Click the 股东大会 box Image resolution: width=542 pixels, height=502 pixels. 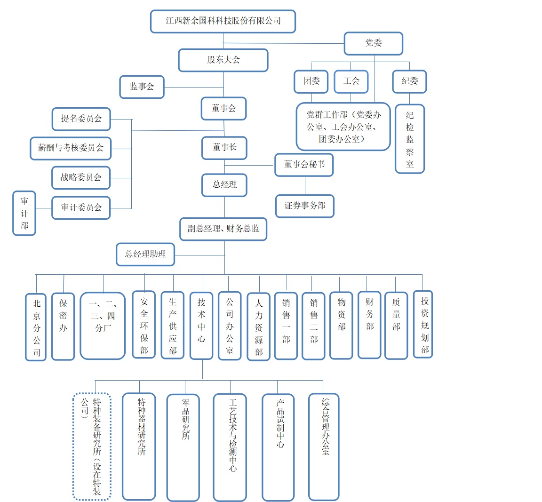pyautogui.click(x=223, y=60)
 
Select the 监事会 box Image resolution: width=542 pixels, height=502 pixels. pyautogui.click(x=142, y=87)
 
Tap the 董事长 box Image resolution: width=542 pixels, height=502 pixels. pyautogui.click(x=224, y=148)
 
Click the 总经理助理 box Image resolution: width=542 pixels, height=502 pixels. pyautogui.click(x=145, y=255)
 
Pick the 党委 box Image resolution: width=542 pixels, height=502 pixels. pyautogui.click(x=374, y=43)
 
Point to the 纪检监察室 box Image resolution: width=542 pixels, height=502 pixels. pyautogui.click(x=410, y=139)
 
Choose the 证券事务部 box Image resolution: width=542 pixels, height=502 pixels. pyautogui.click(x=305, y=206)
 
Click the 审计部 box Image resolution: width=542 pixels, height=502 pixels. pyautogui.click(x=24, y=213)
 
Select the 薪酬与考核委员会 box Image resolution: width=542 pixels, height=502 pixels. pyautogui.click(x=71, y=148)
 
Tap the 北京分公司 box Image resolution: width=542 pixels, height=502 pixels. pyautogui.click(x=36, y=327)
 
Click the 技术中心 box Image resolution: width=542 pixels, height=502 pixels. pyautogui.click(x=201, y=326)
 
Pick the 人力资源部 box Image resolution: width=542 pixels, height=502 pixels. pyautogui.click(x=258, y=327)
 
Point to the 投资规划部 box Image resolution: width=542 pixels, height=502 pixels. pyautogui.click(x=423, y=325)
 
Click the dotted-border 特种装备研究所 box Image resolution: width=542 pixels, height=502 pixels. pyautogui.click(x=92, y=446)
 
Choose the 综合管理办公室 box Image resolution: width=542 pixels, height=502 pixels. pyautogui.click(x=324, y=446)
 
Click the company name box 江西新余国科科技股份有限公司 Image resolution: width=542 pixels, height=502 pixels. pyautogui.click(x=223, y=22)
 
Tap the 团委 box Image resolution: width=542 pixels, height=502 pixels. pyautogui.click(x=311, y=81)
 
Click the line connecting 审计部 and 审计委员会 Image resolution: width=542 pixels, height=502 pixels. pyautogui.click(x=44, y=208)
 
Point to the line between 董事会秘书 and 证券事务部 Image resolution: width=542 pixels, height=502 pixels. pyautogui.click(x=305, y=186)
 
